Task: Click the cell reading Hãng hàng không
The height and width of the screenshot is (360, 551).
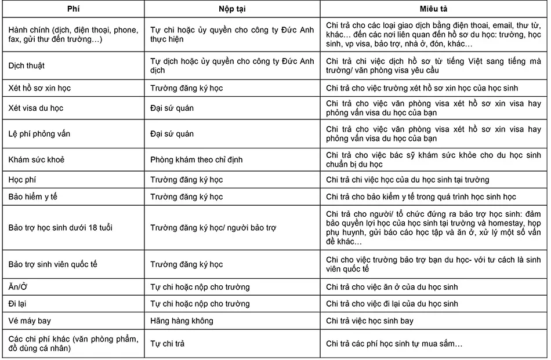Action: [x=182, y=321]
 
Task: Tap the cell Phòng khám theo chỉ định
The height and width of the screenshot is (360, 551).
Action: [x=196, y=159]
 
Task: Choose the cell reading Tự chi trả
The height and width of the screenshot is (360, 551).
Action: [x=168, y=344]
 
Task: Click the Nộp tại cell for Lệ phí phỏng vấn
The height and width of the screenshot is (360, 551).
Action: [x=172, y=134]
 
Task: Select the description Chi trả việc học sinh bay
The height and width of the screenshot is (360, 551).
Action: [x=378, y=321]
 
